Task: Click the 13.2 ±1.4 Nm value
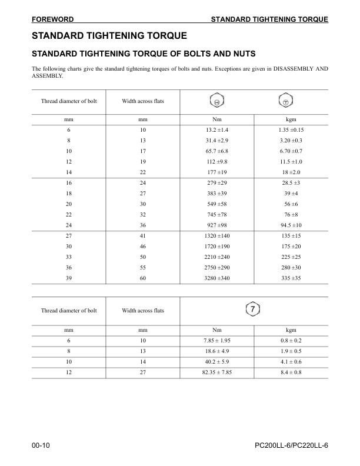(x=217, y=129)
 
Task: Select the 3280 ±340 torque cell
(x=217, y=278)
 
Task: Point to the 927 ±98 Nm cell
(x=217, y=225)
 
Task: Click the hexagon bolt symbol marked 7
(x=251, y=309)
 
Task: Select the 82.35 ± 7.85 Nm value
(x=217, y=372)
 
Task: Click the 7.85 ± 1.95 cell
(x=217, y=340)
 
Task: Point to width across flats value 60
(x=142, y=278)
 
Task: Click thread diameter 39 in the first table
(x=68, y=278)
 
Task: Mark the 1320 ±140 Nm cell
(x=217, y=235)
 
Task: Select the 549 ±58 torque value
(x=217, y=204)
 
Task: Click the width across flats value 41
(x=142, y=235)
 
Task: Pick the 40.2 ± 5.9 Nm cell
(x=217, y=361)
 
